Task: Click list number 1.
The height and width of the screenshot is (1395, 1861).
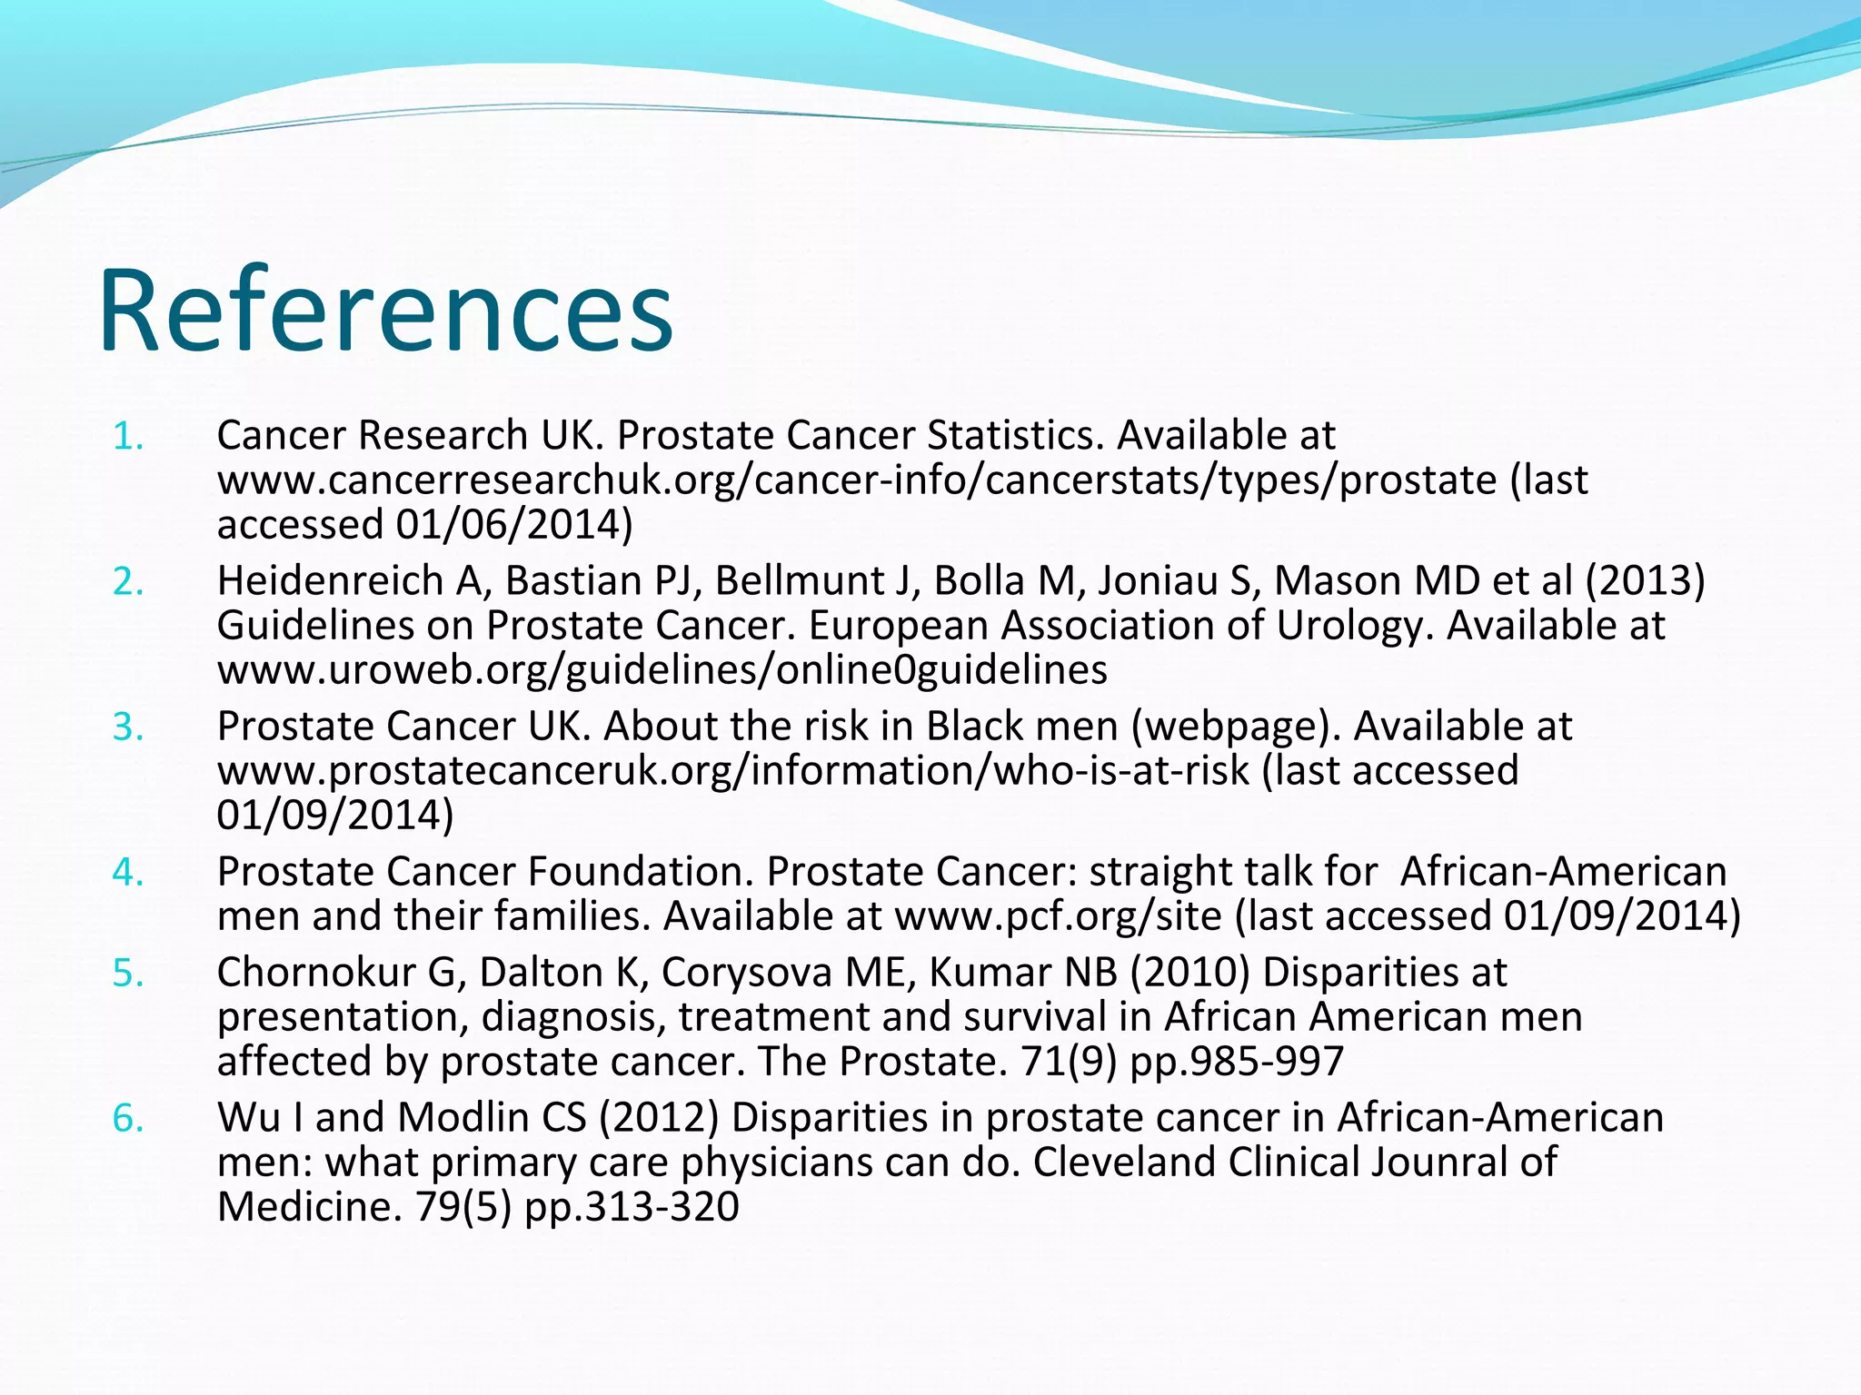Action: pos(128,437)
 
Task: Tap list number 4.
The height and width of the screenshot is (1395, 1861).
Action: pos(128,873)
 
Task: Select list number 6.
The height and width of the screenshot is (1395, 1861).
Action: pos(128,1118)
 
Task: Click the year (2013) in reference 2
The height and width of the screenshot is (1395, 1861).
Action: pos(1646,581)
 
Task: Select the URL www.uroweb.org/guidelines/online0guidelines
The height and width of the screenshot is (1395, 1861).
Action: pos(662,670)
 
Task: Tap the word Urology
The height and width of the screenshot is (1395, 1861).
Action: pos(1354,626)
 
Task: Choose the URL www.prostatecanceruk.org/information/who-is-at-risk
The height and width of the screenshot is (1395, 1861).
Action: pos(732,771)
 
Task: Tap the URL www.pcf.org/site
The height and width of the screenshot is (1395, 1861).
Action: pos(1058,916)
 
